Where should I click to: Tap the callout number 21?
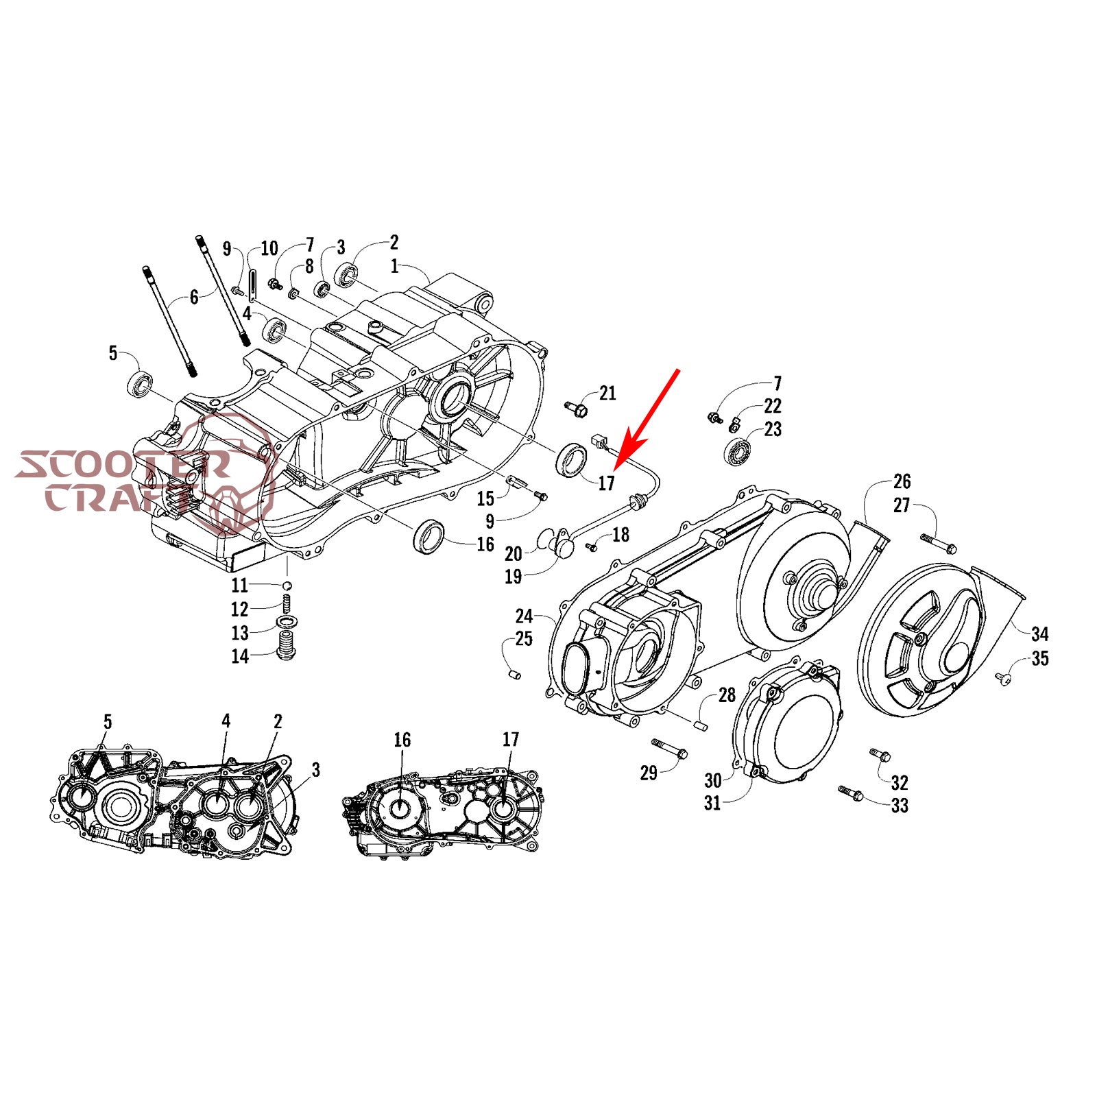[607, 394]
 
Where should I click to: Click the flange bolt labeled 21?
[577, 410]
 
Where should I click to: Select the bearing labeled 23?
[739, 452]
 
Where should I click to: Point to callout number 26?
[902, 481]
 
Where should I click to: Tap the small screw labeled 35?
[1002, 678]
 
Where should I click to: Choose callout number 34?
[1039, 634]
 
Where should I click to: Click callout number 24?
[524, 616]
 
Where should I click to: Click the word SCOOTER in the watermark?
[123, 465]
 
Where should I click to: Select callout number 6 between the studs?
[194, 297]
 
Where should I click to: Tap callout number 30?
[713, 780]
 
